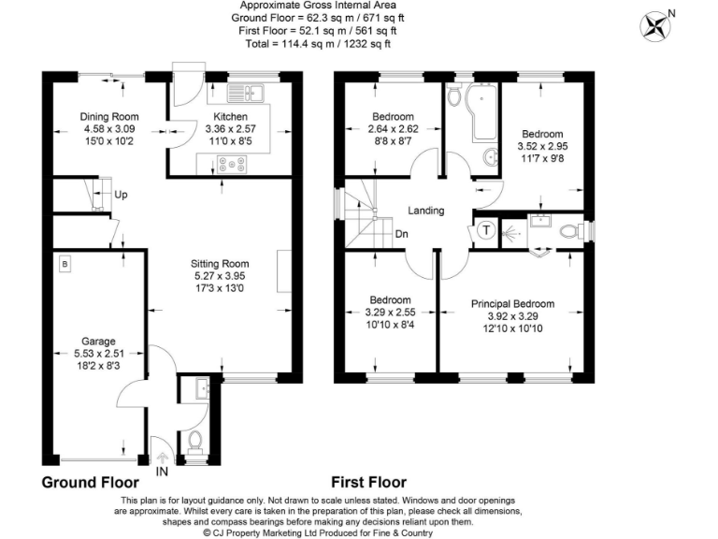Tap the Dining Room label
pos(109,117)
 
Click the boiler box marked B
pos(65,264)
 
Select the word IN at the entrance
pos(163,471)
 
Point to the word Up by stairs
pos(121,195)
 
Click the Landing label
pos(425,211)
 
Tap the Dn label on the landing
pos(401,234)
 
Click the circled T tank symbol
pos(487,230)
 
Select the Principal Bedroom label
pos(512,304)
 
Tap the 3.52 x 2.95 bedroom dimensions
pos(542,146)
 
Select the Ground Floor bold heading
pos(97,483)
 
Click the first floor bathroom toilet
pos(454,95)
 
